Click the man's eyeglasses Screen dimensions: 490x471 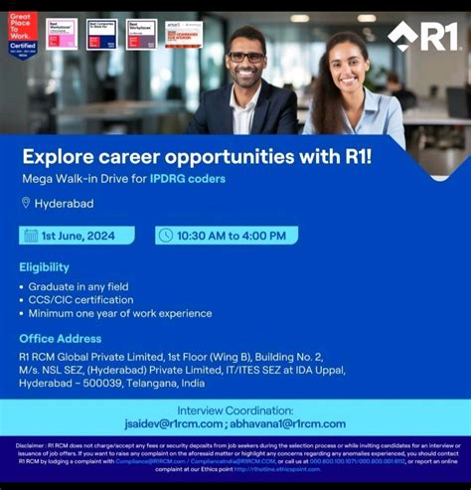click(245, 58)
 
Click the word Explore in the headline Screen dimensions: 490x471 click(59, 156)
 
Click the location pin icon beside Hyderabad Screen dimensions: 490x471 click(26, 203)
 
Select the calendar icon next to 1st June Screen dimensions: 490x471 click(32, 236)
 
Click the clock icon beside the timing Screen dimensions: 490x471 click(165, 236)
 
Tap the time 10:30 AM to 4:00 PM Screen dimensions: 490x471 click(232, 236)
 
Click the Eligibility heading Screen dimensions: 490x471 click(44, 266)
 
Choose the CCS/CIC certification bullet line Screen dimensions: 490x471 click(80, 300)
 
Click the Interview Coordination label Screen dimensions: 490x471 click(235, 409)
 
